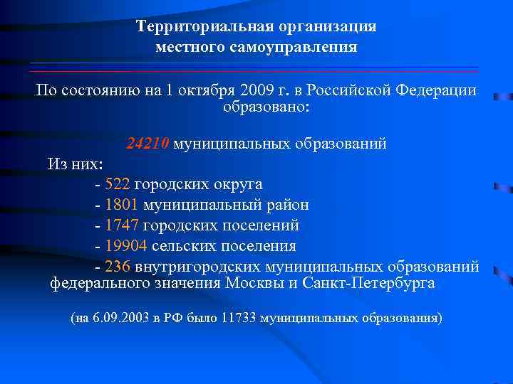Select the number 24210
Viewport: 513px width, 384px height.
point(147,144)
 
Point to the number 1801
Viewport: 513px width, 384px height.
point(121,205)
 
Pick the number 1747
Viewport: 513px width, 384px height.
point(121,225)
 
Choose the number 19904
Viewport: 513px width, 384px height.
point(125,246)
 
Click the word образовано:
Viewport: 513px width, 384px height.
point(266,109)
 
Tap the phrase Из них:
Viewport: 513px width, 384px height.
point(75,164)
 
